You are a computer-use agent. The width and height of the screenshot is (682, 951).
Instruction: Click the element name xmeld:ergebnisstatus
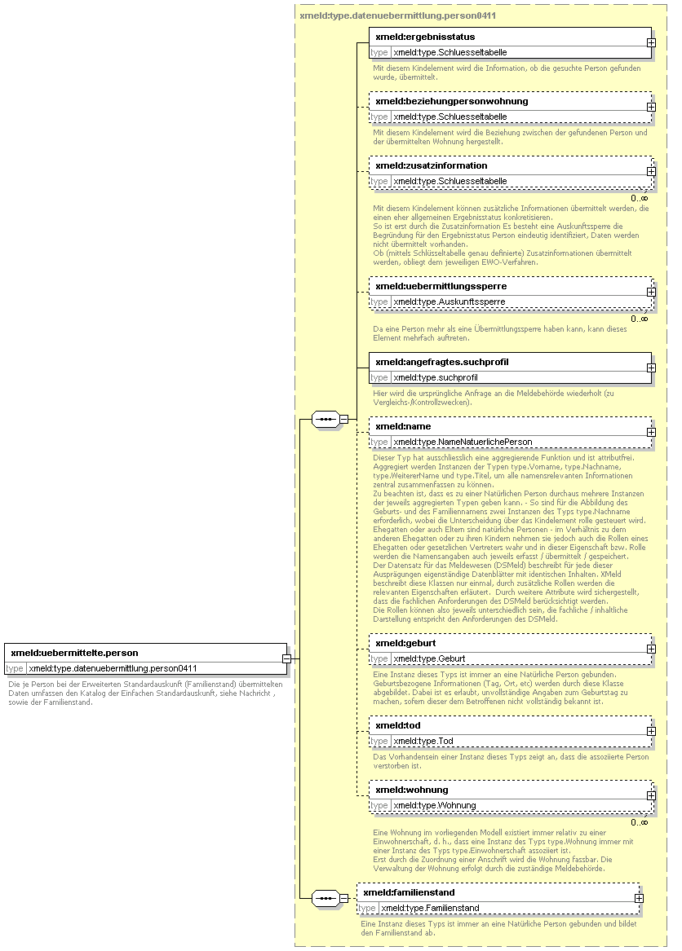point(425,37)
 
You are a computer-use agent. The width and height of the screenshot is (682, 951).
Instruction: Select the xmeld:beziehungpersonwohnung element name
point(451,101)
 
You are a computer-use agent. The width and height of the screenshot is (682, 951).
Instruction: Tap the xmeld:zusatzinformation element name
point(431,165)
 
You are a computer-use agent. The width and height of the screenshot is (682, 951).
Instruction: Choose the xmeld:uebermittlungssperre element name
point(441,286)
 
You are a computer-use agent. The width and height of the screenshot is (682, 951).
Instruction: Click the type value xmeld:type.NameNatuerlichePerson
point(463,442)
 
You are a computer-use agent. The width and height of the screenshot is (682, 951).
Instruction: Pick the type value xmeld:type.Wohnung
point(435,805)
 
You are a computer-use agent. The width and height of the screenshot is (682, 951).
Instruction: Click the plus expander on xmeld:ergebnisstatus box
point(651,42)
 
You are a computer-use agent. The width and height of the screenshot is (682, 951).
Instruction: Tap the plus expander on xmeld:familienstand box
point(639,898)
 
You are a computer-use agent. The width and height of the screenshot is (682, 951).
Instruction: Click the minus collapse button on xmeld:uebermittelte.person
point(286,658)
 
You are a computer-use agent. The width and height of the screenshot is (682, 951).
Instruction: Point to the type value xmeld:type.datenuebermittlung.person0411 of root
point(113,668)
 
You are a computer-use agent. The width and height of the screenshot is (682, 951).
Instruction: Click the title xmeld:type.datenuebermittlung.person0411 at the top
point(398,15)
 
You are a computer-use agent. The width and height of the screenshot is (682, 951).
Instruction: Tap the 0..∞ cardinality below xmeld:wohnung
point(640,821)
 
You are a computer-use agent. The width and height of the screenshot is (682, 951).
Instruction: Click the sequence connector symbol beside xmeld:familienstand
point(326,898)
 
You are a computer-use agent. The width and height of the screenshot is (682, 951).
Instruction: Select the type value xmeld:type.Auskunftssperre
point(449,302)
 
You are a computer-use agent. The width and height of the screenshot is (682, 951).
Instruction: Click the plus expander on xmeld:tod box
point(651,731)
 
